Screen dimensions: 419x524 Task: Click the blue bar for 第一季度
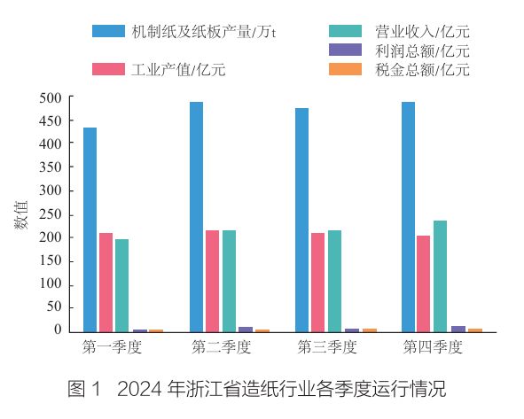(90, 229)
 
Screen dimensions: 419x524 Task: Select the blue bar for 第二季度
(196, 217)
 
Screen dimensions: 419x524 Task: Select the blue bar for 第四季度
(408, 217)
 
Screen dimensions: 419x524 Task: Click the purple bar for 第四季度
(458, 329)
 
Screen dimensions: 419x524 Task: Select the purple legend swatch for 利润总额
(345, 50)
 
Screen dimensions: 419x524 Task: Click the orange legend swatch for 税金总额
(345, 69)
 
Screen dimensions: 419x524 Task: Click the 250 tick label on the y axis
(51, 214)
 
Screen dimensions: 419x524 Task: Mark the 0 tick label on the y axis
(59, 330)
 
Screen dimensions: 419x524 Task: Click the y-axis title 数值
(21, 214)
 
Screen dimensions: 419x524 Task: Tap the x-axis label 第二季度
(222, 347)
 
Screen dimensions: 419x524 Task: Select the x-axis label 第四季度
(433, 347)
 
